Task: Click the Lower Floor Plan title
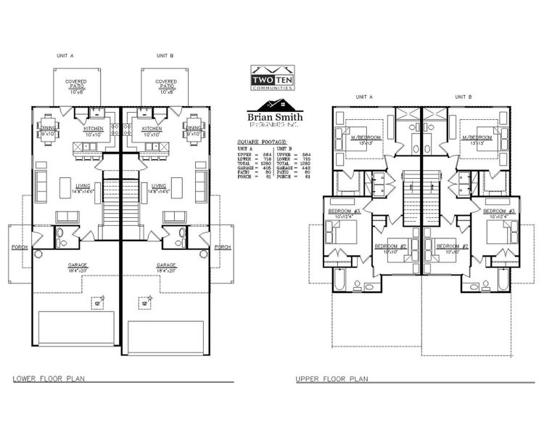click(43, 379)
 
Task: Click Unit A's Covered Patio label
click(77, 86)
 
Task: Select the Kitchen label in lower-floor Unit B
click(152, 129)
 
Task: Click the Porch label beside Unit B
click(223, 247)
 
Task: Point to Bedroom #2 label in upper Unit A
click(389, 246)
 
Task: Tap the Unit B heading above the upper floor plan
click(463, 96)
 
